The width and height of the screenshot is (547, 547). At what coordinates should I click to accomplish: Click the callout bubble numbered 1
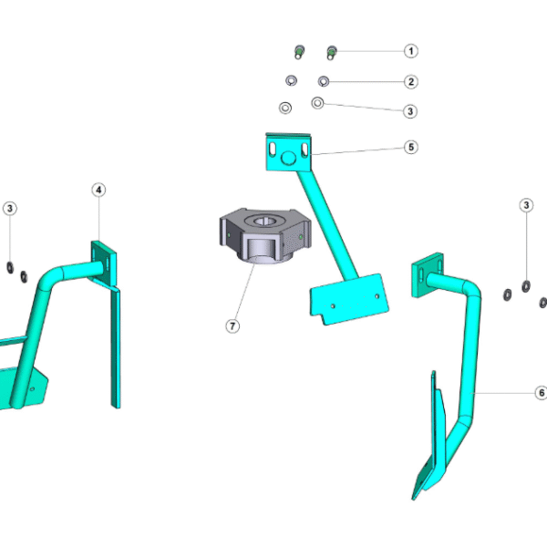coord(411,51)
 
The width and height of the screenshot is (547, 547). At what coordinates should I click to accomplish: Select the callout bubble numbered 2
coord(411,82)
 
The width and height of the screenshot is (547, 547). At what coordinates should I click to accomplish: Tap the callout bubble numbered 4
coord(98,190)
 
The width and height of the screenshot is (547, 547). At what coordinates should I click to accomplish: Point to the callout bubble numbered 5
coord(411,147)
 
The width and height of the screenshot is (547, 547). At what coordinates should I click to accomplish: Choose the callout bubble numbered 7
coord(232,326)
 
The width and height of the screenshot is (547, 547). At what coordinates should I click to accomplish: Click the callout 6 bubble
coord(542,393)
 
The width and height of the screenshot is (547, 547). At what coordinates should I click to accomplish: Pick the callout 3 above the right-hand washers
coord(526,205)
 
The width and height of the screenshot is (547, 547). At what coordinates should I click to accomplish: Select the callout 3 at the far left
coord(10,208)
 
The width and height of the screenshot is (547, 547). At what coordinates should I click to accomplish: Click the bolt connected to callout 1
coord(332,52)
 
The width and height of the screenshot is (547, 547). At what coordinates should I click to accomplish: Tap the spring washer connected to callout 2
coord(324,81)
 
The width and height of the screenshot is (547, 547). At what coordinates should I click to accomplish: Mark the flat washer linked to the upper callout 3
coord(317,103)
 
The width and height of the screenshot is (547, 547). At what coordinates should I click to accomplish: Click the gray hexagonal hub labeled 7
coord(265,236)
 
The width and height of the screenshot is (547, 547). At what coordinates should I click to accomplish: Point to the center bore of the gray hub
coord(263,221)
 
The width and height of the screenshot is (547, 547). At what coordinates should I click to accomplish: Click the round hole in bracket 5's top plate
coord(288,158)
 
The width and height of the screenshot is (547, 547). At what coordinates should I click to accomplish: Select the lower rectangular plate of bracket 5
coord(349,299)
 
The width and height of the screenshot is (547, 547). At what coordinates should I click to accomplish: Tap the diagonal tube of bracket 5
coord(327,224)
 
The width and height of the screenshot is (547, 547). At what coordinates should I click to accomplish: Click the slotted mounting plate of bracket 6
coord(428,275)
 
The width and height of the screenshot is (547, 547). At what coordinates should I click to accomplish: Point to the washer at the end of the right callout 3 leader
coord(526,286)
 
